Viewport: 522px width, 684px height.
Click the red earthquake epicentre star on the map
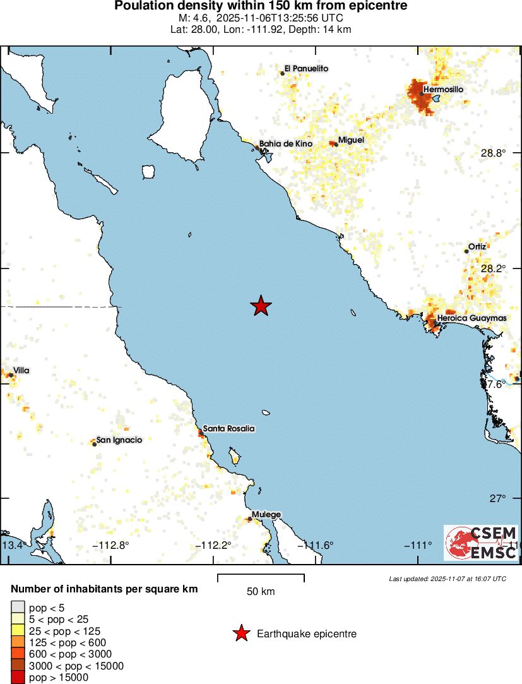pos(261,306)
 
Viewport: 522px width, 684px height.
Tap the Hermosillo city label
pos(443,90)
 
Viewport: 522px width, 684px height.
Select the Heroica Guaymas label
pos(472,318)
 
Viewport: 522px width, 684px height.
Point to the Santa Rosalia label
pos(228,428)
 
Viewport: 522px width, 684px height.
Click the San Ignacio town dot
pos(95,444)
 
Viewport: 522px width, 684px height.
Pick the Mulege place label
pos(266,515)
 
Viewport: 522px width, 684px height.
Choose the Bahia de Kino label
pos(286,144)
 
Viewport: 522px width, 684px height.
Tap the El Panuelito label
pos(306,68)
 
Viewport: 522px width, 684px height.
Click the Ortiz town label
pos(477,246)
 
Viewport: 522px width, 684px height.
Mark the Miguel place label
pos(351,140)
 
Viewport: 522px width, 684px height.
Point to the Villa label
pos(21,370)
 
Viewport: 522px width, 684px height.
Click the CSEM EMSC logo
pos(481,543)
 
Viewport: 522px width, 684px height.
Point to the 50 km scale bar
pos(261,577)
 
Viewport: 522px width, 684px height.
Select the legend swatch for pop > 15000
pos(18,678)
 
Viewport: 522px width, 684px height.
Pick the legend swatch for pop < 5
pos(18,608)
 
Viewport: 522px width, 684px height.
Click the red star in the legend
pos(240,633)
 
